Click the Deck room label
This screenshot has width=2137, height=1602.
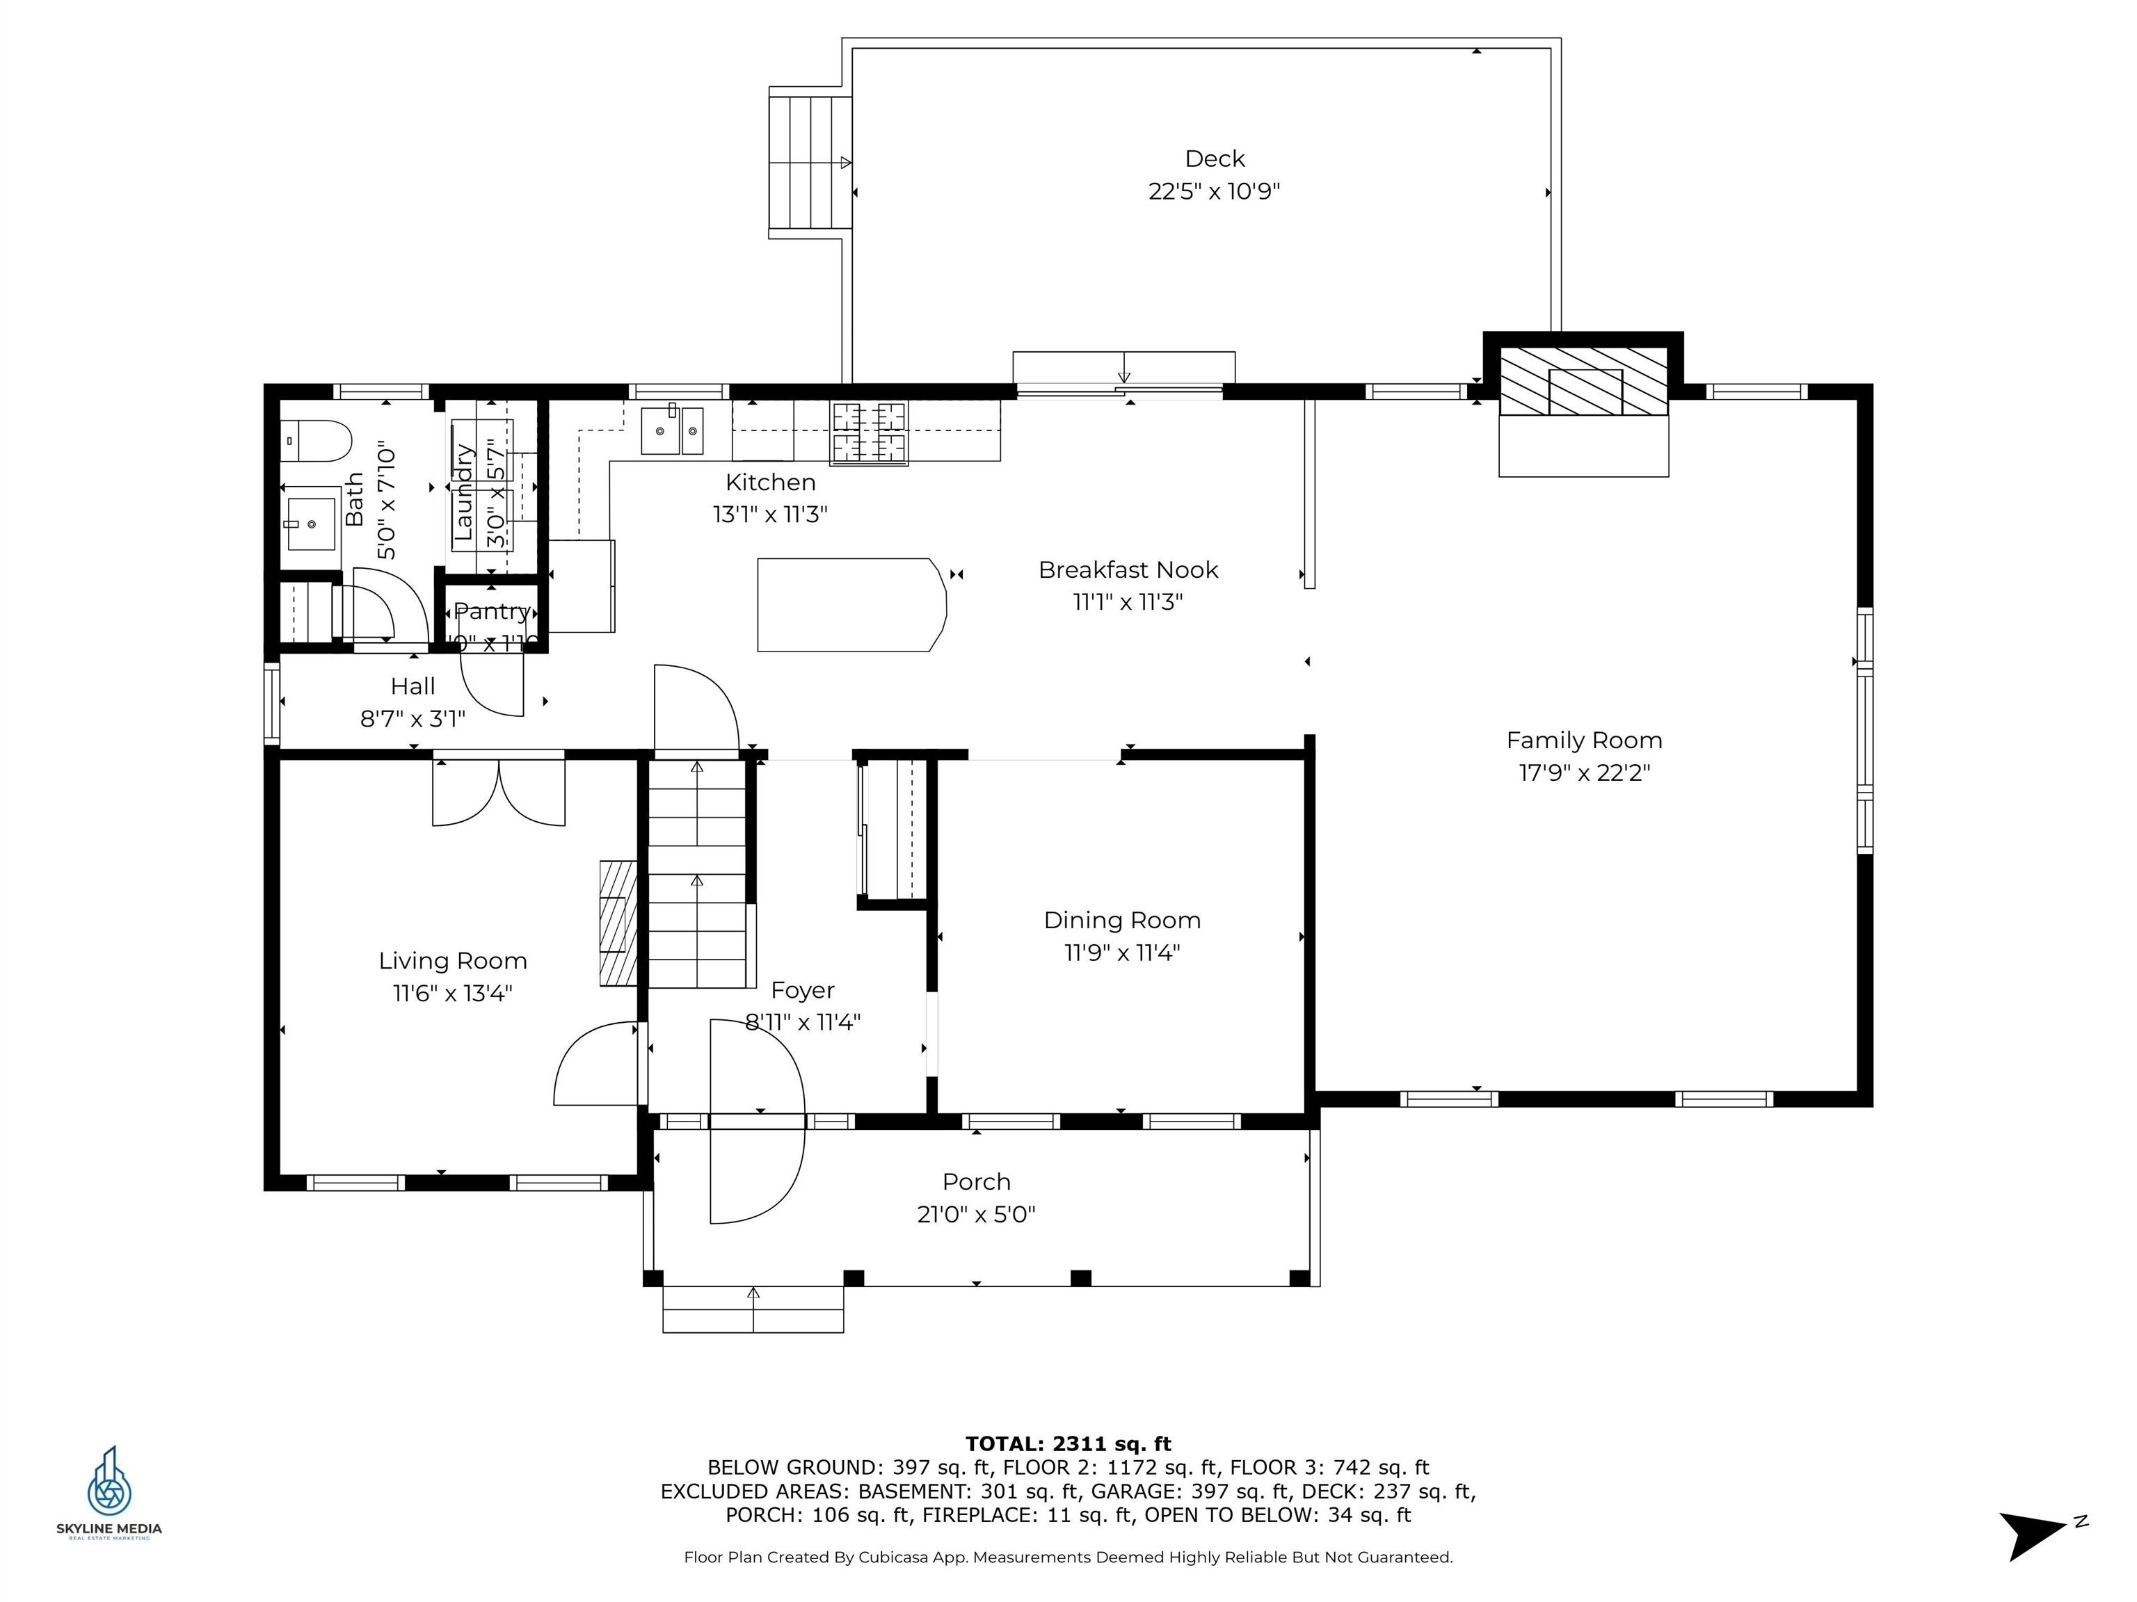tap(1215, 159)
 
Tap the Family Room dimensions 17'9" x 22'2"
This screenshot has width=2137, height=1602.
tap(1585, 773)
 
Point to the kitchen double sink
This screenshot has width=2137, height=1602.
tap(673, 430)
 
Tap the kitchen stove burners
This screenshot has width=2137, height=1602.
tap(870, 432)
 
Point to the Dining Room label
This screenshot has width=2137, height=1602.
tap(1121, 921)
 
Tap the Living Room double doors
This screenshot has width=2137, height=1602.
tap(499, 792)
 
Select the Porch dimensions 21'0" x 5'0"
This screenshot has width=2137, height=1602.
tap(976, 1215)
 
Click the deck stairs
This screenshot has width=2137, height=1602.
tap(810, 162)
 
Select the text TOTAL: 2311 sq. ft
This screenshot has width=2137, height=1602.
tap(1068, 1443)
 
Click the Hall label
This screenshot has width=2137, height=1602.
tap(413, 686)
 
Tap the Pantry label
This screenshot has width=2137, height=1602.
tap(492, 612)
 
